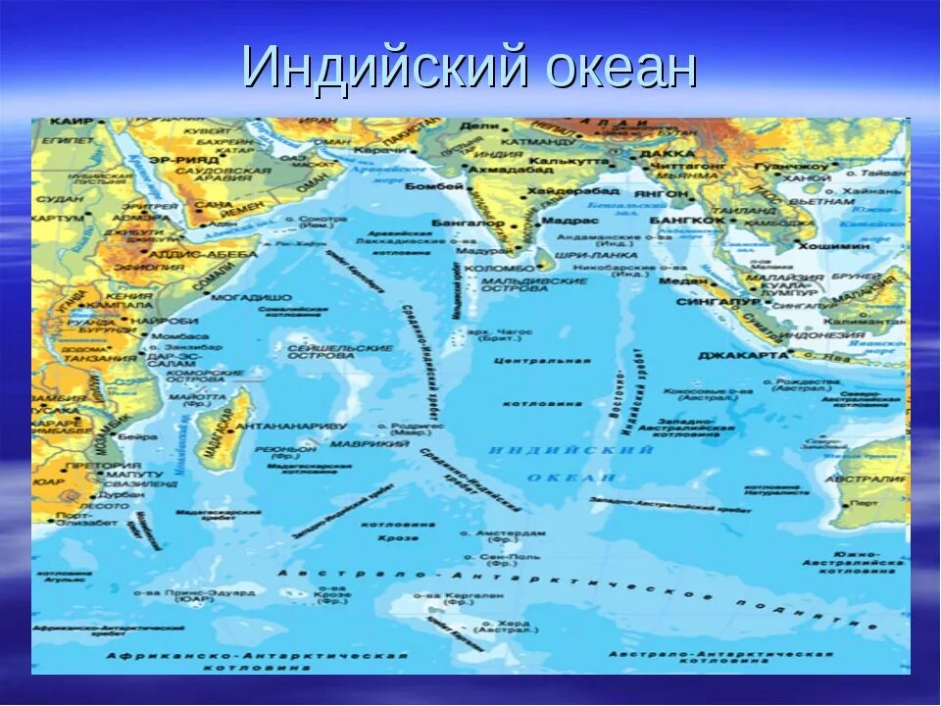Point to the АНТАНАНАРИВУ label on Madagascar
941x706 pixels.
[x=291, y=427]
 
